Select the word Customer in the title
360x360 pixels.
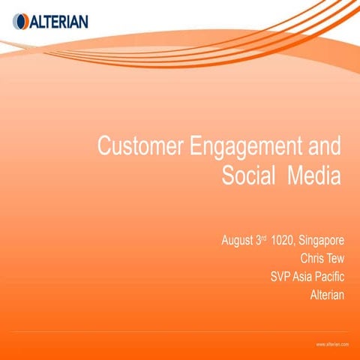click(x=142, y=146)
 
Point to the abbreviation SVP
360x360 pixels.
click(x=281, y=277)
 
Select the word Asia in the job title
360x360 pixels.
click(x=306, y=277)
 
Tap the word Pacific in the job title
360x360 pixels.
click(x=332, y=277)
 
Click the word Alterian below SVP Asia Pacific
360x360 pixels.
click(x=327, y=295)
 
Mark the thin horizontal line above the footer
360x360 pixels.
click(x=180, y=331)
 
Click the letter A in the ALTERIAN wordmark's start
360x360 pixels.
click(x=28, y=21)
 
